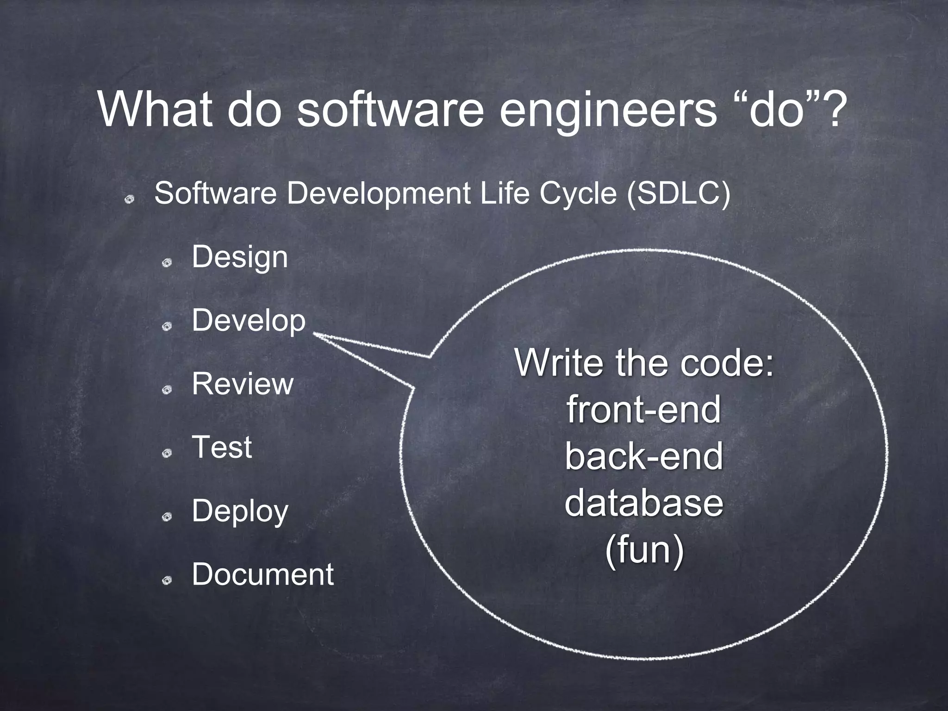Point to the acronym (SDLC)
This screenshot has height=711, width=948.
[678, 193]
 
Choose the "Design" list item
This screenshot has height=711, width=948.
[240, 257]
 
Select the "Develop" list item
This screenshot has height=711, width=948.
[249, 320]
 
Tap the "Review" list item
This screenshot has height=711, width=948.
[243, 384]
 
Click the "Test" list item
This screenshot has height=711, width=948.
[222, 447]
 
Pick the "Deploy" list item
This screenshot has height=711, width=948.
[240, 511]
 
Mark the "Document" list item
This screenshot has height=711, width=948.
[262, 574]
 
